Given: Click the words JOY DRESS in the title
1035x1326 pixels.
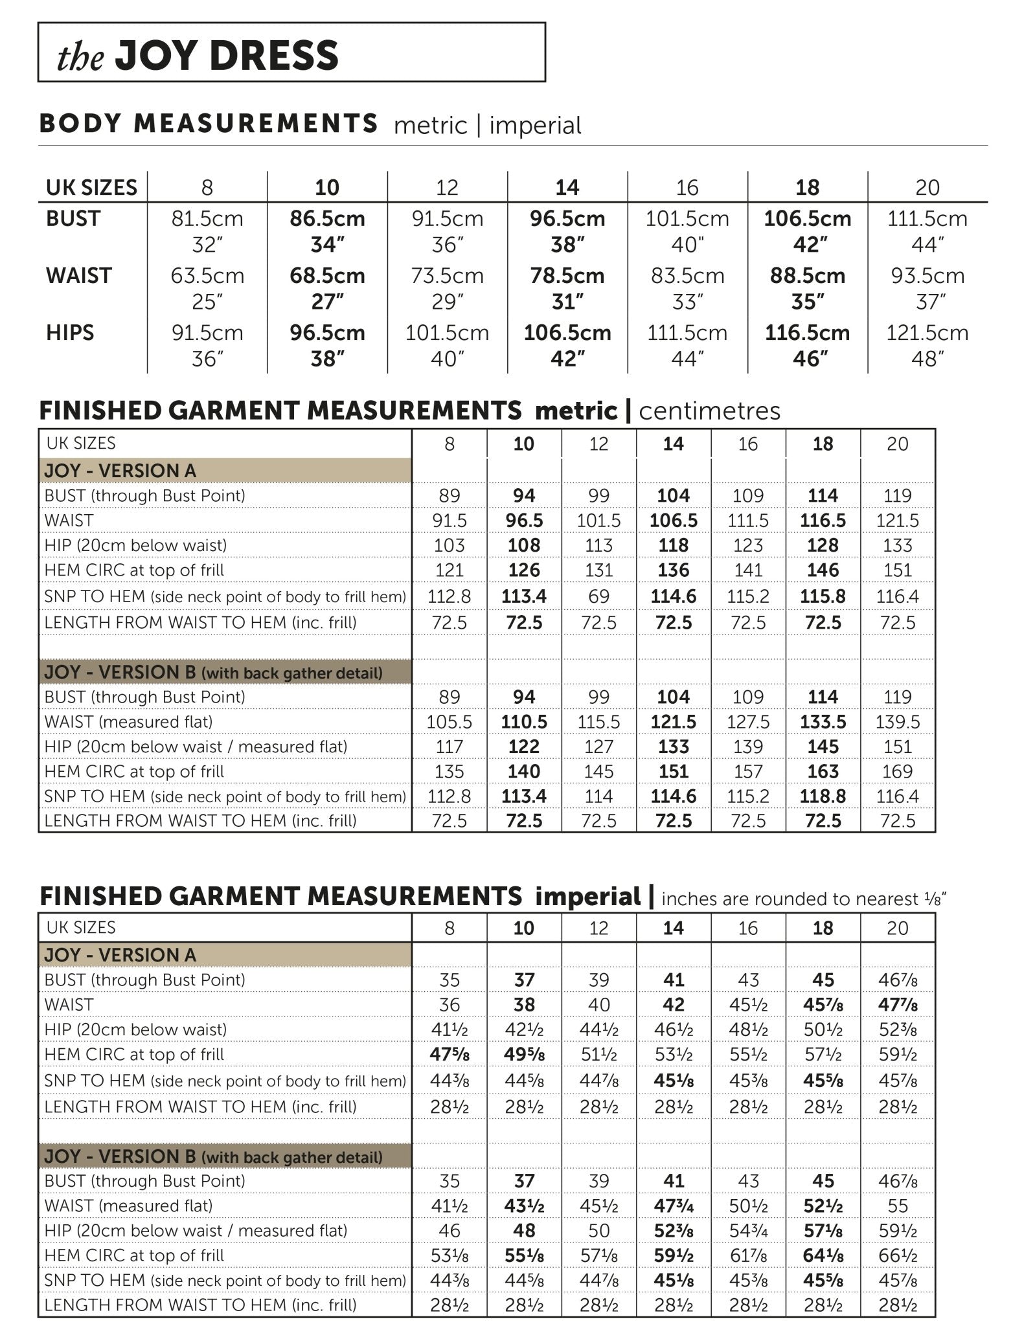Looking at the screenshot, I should click(x=227, y=55).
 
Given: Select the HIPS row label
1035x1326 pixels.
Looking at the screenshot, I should click(x=69, y=333).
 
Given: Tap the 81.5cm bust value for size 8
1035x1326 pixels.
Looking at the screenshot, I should click(x=207, y=219).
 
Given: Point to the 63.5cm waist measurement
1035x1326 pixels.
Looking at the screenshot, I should click(x=207, y=276).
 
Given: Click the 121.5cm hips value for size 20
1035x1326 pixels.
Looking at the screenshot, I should click(x=927, y=333).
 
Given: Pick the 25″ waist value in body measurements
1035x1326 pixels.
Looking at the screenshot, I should click(x=207, y=302).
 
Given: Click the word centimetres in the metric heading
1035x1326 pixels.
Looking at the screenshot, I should click(x=709, y=411).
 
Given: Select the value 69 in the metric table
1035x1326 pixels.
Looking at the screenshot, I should click(x=598, y=596).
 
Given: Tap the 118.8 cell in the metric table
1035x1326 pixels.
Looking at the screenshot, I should click(x=823, y=796).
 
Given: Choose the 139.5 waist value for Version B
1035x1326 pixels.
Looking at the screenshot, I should click(x=898, y=722).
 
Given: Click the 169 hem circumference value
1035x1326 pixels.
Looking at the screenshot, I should click(x=898, y=772).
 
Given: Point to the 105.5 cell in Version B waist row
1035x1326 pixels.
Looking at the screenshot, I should click(x=449, y=722).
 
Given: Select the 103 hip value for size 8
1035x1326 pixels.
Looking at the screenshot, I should click(x=449, y=545).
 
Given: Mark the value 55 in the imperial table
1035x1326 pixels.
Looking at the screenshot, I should click(x=898, y=1206).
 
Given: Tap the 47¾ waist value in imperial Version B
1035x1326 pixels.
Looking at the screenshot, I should click(x=674, y=1206).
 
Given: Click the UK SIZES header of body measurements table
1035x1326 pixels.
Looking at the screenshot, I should click(x=91, y=188).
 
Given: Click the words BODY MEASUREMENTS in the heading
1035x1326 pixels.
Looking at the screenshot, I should click(x=209, y=124).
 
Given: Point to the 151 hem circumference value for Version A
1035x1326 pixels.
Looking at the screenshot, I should click(x=898, y=570).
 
